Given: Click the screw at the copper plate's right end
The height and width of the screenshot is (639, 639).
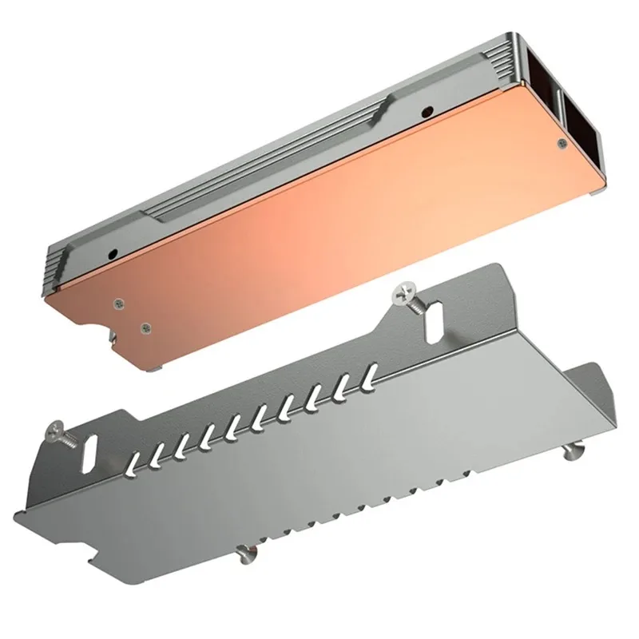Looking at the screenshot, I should [562, 144].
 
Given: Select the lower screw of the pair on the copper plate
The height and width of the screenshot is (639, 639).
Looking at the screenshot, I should [145, 327].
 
